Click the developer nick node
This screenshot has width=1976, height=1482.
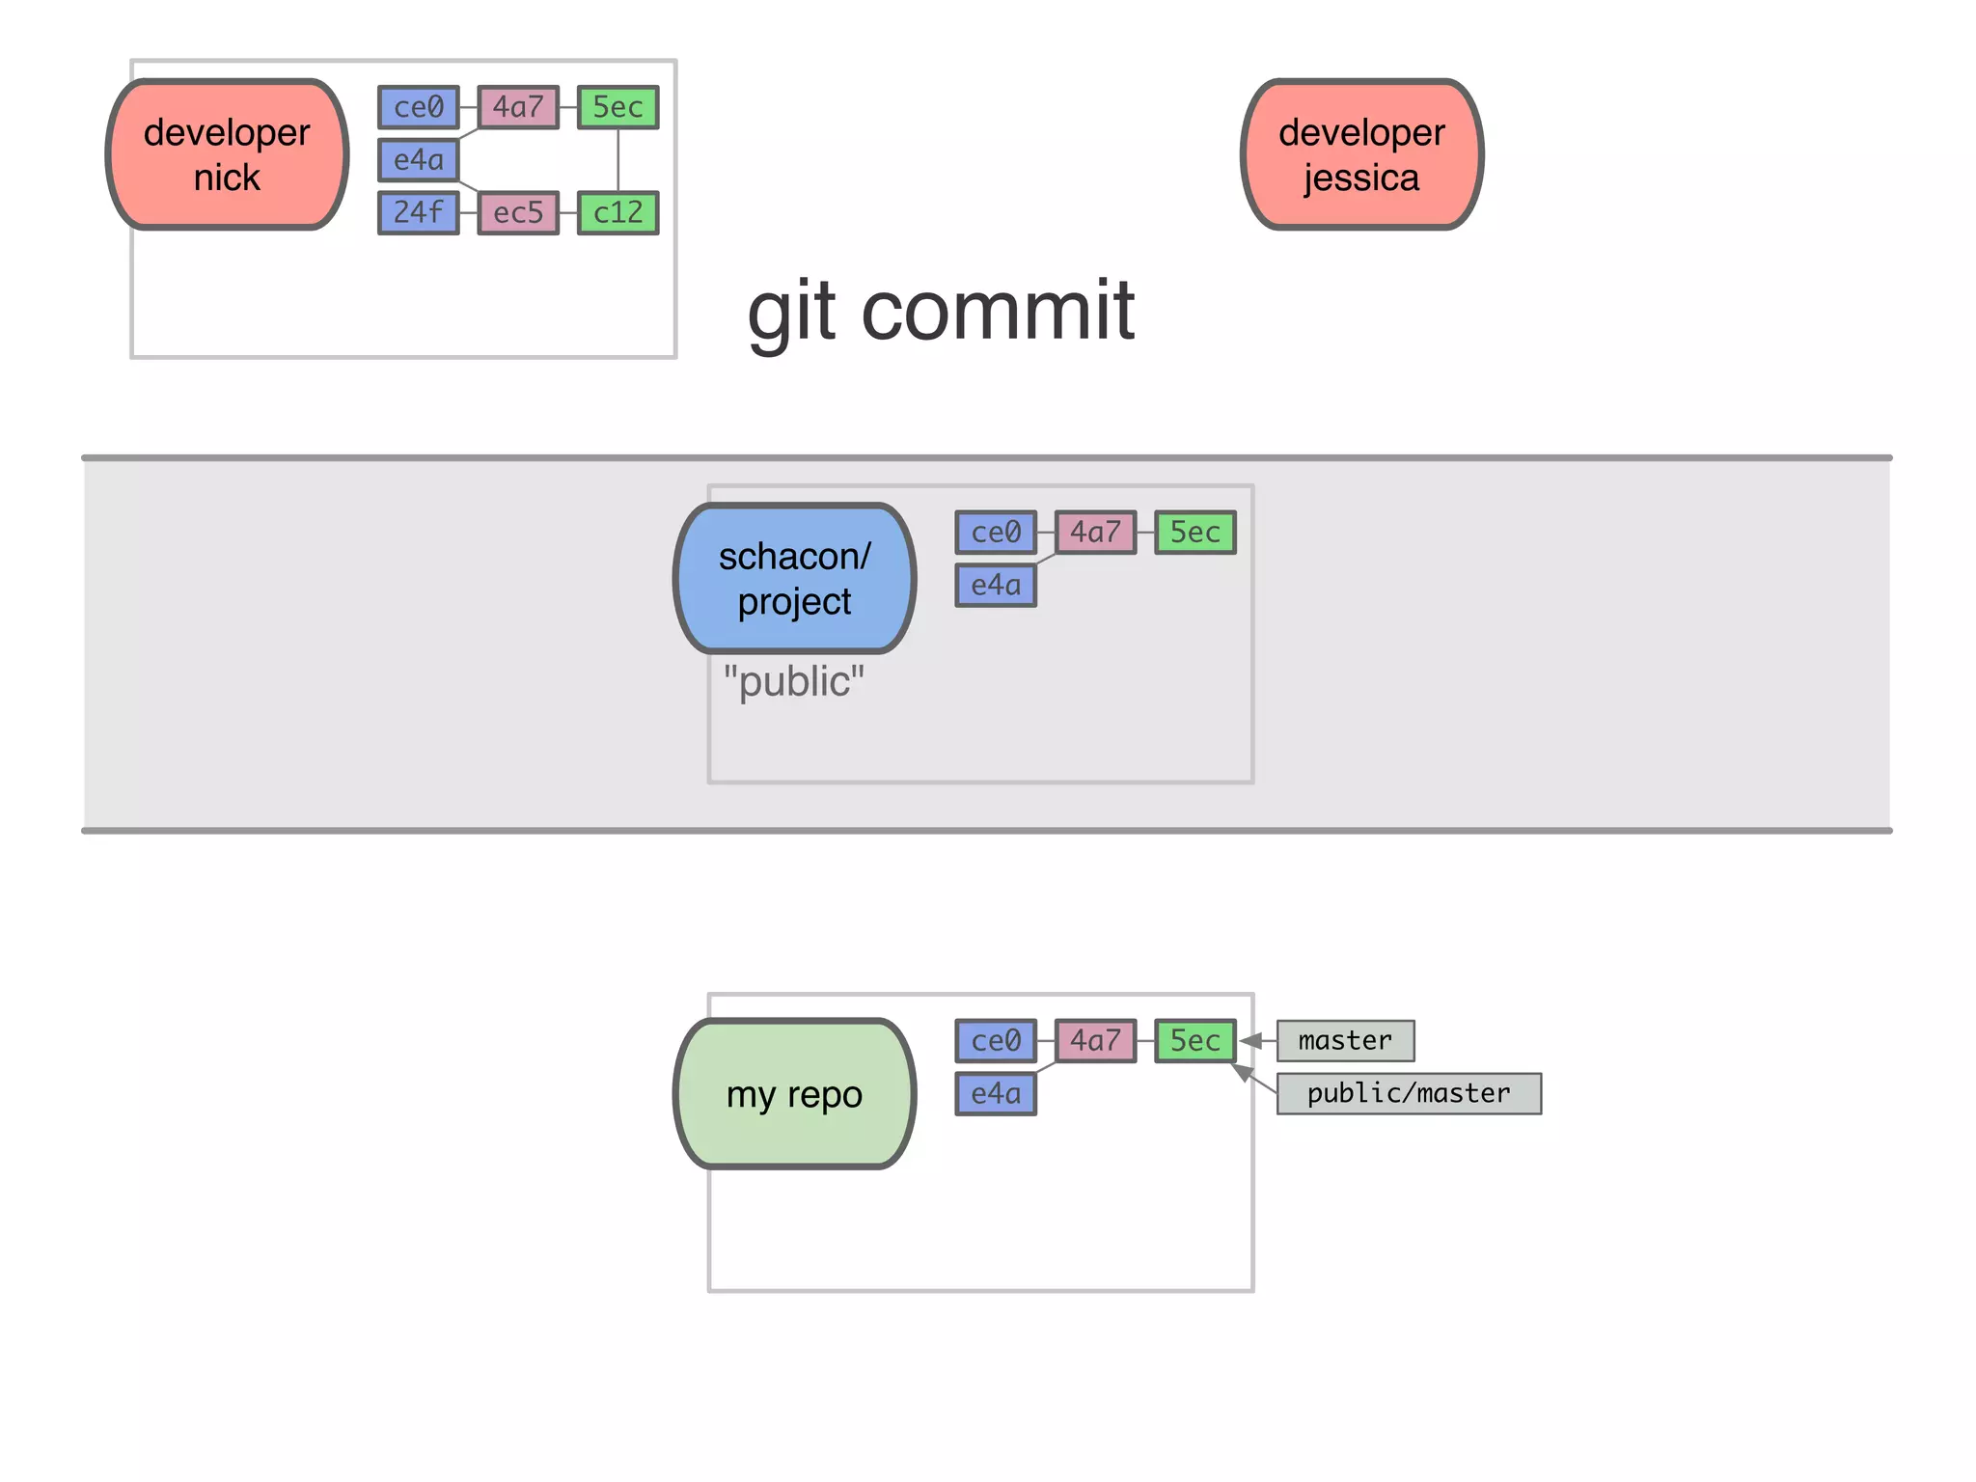click(227, 154)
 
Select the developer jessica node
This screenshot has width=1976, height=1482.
click(1361, 154)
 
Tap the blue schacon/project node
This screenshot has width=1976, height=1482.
click(794, 578)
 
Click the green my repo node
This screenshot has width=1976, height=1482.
click(794, 1093)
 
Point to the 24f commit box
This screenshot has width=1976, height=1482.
click(419, 212)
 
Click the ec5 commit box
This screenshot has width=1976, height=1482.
click(518, 212)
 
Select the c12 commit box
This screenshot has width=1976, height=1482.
click(617, 212)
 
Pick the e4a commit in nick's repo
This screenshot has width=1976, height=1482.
click(419, 159)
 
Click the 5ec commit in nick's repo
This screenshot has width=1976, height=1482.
click(617, 106)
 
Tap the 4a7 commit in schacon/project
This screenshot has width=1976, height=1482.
click(1095, 532)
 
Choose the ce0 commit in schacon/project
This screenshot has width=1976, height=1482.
click(996, 532)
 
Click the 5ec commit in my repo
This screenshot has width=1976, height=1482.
click(1195, 1040)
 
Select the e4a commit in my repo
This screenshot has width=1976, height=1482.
click(996, 1093)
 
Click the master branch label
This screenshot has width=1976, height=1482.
click(1345, 1040)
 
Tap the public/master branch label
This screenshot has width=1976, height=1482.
click(1409, 1093)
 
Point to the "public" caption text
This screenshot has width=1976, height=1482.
click(794, 681)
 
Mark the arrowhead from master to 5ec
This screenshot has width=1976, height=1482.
click(1250, 1040)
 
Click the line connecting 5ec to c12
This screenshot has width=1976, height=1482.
click(617, 159)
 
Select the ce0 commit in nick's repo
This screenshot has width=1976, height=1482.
click(419, 106)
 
